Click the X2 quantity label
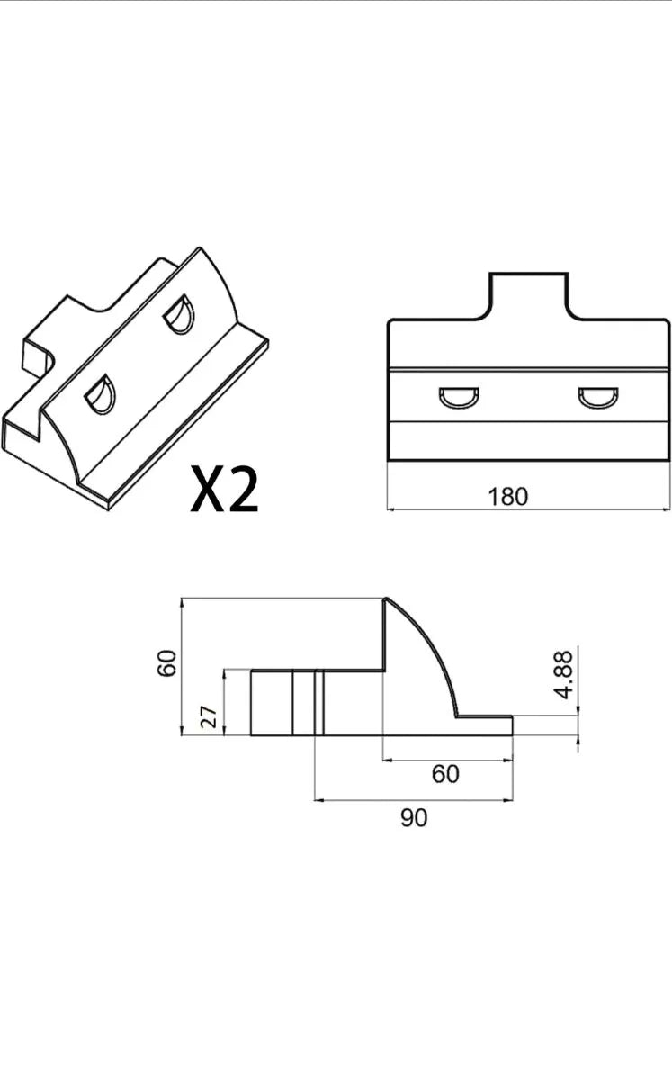point(225,489)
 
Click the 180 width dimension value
point(508,497)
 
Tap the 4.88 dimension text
point(563,674)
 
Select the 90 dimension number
point(414,818)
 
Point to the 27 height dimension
point(209,717)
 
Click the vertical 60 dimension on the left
point(167,663)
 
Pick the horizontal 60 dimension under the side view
point(445,774)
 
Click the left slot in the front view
point(459,398)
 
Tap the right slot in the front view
point(598,397)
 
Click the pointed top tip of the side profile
point(386,598)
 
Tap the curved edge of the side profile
point(431,644)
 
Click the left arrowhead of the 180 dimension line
point(391,508)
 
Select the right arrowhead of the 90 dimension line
point(508,800)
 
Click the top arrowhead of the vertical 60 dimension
point(182,603)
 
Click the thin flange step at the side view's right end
point(485,725)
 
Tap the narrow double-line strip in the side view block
point(318,703)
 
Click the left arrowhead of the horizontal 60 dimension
point(388,760)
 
